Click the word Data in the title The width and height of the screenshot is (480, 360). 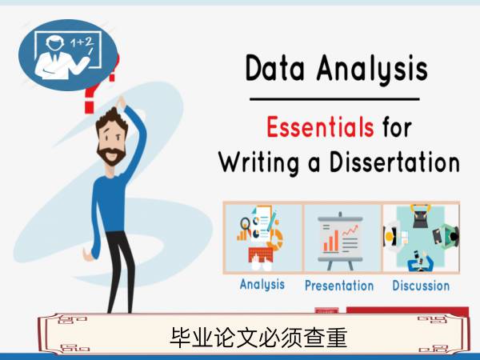coord(275,68)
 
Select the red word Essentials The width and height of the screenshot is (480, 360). coord(320,127)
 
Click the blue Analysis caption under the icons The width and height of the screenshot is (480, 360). coord(262,285)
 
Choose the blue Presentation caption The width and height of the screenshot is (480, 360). coord(339,286)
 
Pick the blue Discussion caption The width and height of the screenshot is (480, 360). coord(421,286)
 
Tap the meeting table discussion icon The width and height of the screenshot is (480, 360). coord(422,238)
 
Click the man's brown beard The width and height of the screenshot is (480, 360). coord(111,155)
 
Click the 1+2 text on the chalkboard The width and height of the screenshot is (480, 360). coord(82,42)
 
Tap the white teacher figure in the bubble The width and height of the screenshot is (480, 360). coord(62,58)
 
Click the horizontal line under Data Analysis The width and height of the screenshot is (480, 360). coord(334,99)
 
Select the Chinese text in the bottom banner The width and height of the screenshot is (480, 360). coord(258,337)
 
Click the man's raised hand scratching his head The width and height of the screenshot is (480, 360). coord(121,102)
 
